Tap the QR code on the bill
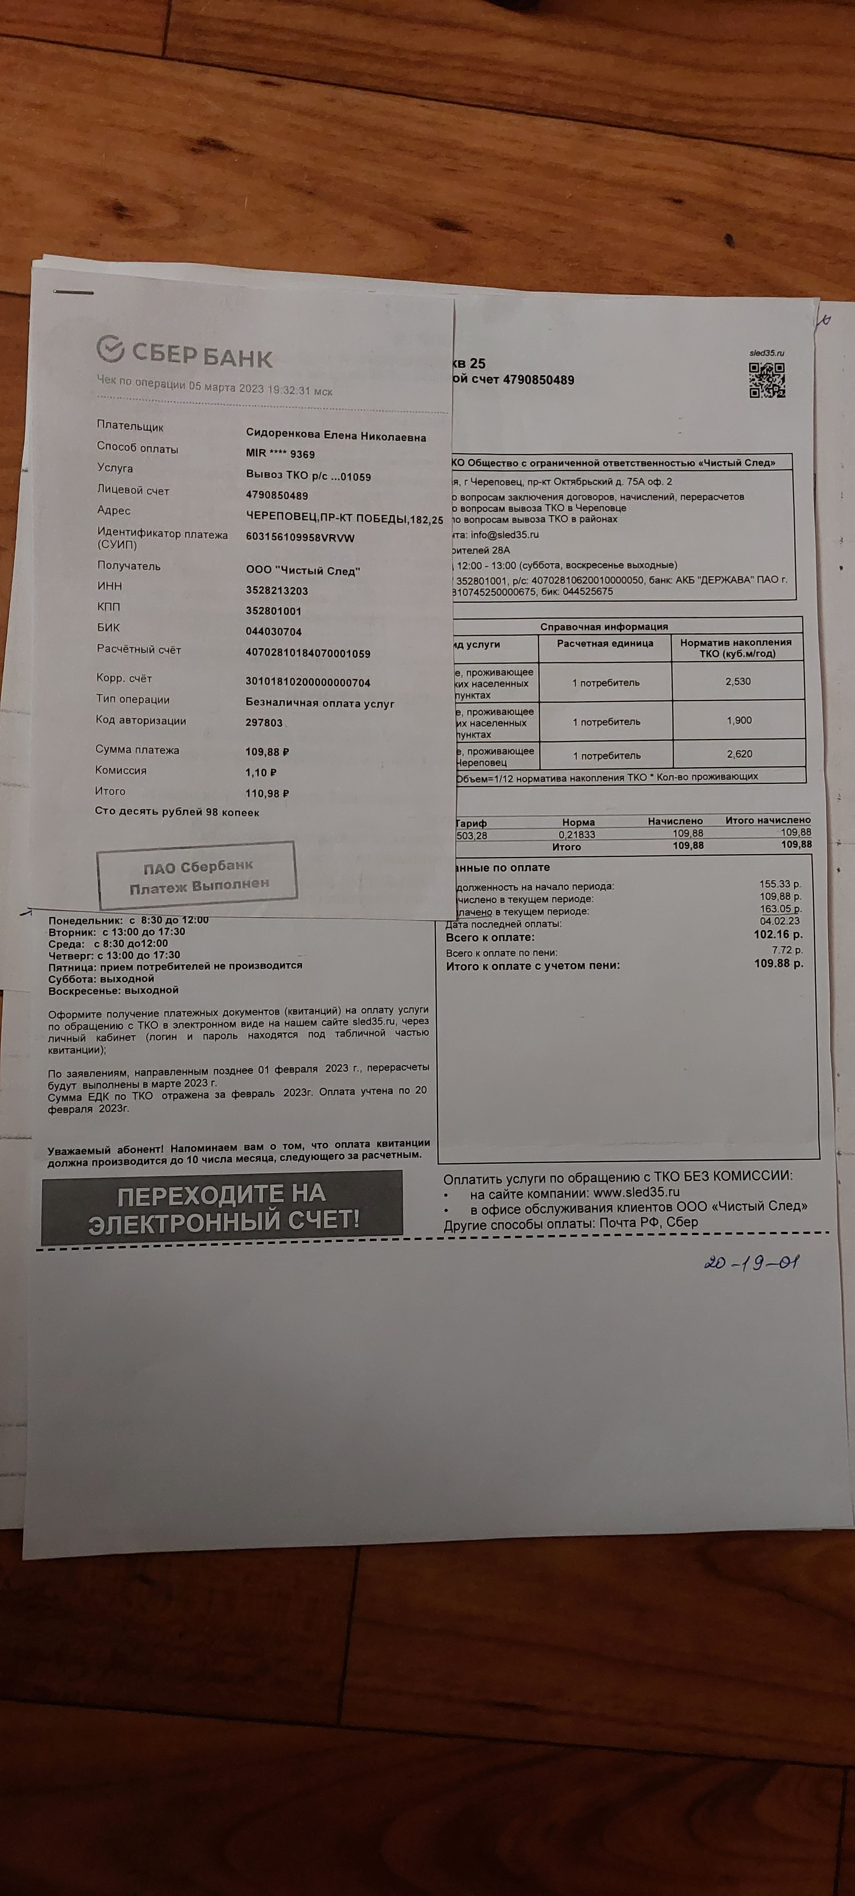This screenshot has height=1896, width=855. pyautogui.click(x=767, y=380)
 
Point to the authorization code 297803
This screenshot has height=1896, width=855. pyautogui.click(x=264, y=723)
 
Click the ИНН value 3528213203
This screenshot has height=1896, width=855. pyautogui.click(x=277, y=590)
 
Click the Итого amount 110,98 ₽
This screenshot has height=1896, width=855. pyautogui.click(x=267, y=793)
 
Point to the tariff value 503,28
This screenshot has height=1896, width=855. pyautogui.click(x=472, y=835)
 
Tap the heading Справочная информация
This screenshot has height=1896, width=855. pyautogui.click(x=604, y=627)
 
